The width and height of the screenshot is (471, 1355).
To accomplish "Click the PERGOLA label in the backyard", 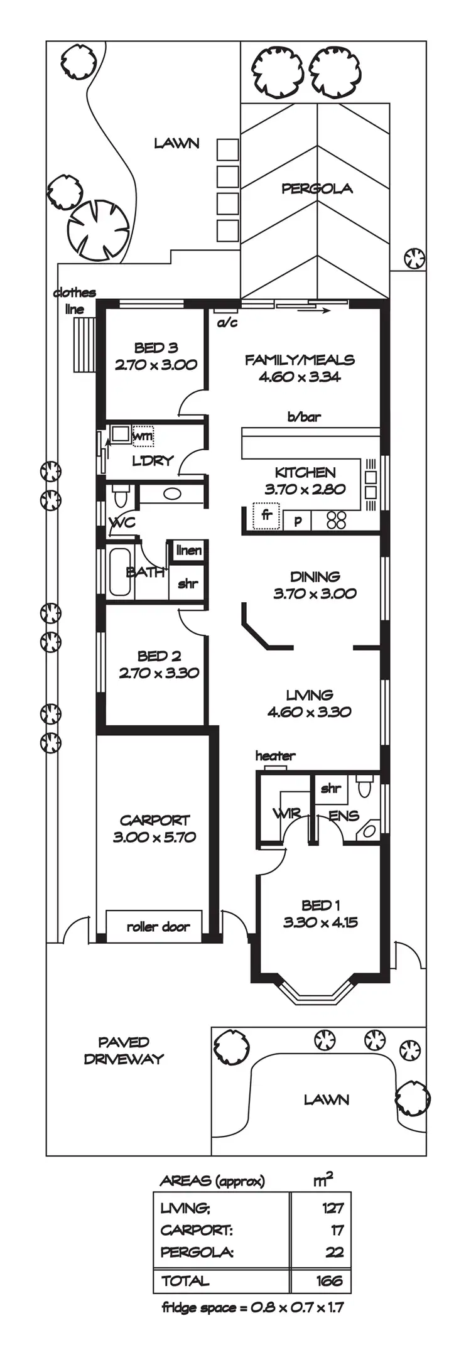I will point(317,188).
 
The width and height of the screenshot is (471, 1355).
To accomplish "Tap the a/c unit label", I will point(227,323).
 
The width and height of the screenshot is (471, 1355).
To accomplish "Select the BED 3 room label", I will point(156,348).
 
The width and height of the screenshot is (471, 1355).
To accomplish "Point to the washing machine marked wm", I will point(143,435).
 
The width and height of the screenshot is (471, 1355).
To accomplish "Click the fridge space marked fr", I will point(266,516).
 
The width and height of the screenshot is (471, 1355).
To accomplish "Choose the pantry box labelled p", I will point(298,521).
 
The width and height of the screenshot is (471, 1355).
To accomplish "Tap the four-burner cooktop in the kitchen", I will point(337,519).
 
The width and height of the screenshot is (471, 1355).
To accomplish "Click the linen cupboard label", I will point(189,551).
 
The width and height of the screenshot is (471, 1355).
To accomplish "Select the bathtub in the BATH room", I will point(120,573).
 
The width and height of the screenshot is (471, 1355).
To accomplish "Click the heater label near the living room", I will point(275,756).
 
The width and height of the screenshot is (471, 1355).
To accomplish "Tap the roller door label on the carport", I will point(158,927).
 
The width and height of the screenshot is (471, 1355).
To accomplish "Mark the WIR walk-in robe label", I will point(286,814).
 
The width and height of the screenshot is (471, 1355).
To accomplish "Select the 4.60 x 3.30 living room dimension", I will point(309,712).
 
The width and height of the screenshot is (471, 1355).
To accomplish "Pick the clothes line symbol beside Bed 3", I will point(84,345).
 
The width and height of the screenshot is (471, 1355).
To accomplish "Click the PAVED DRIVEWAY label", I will point(124,1050).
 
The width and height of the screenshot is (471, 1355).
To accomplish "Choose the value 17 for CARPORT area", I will point(337,1230).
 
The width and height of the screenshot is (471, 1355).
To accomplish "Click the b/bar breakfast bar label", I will point(305,416).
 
